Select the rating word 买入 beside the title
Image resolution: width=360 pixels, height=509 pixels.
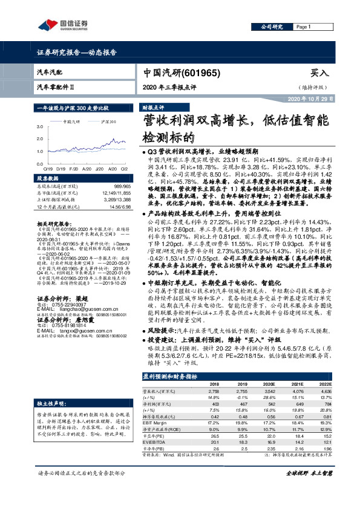[x=320, y=73]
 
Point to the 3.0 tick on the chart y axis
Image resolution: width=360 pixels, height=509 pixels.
[x=40, y=126]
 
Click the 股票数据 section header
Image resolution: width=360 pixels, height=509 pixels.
[x=48, y=179]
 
